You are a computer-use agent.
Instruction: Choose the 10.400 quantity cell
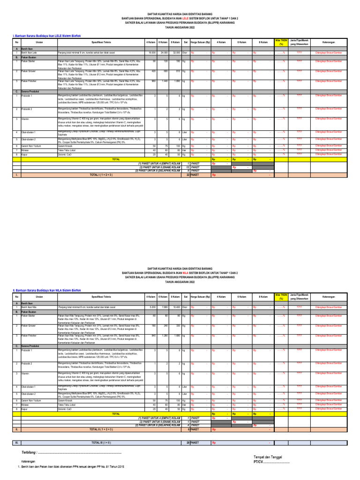[x=176, y=307]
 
